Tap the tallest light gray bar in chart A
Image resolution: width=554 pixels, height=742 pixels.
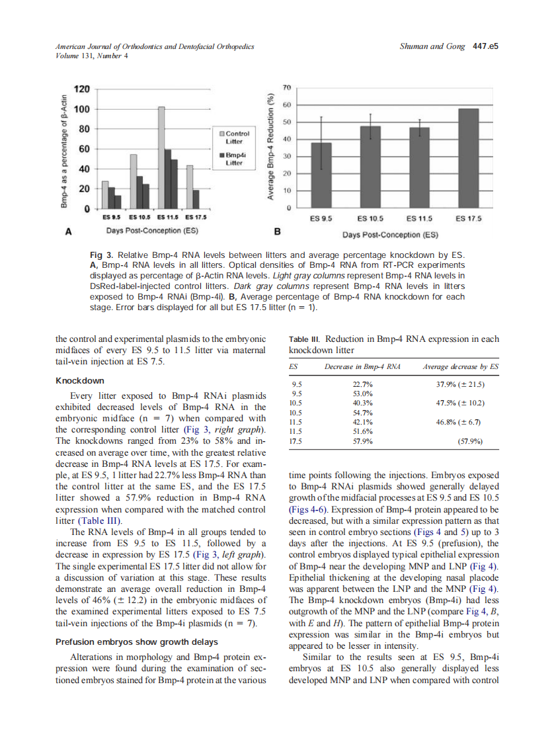pos(161,157)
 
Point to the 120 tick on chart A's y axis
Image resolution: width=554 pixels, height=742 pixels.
pos(81,89)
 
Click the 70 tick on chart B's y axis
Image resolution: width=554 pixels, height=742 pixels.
pos(286,88)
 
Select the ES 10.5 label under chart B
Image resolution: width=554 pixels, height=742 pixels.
pos(370,218)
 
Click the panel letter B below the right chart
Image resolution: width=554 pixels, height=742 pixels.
pos(278,232)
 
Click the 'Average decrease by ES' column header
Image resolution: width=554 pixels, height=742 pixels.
pos(460,366)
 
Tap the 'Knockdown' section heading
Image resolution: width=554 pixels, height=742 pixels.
pos(79,381)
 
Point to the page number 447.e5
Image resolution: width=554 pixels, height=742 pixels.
pos(485,46)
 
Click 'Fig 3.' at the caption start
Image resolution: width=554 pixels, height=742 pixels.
pos(101,255)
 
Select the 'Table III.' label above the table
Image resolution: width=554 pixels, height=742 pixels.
pos(305,339)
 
